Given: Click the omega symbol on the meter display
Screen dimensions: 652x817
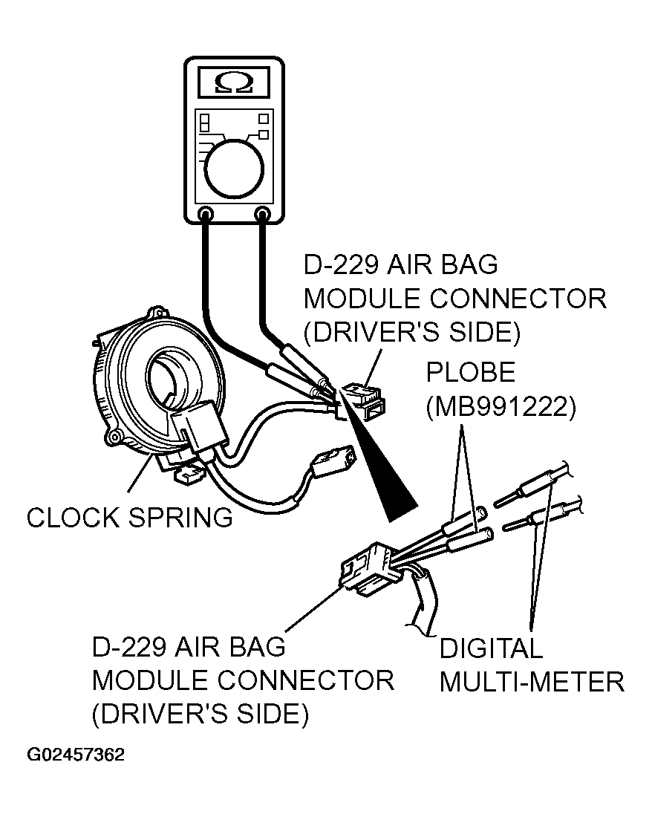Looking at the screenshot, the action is point(235,82).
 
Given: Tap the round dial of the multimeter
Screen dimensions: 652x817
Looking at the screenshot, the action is point(234,169).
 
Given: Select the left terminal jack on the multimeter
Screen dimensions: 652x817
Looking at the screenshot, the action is point(206,214).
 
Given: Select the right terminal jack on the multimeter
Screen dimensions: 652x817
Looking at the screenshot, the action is point(262,214).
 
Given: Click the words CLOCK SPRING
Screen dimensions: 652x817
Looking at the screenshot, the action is point(130,518).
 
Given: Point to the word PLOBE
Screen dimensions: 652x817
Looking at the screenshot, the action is point(471,373).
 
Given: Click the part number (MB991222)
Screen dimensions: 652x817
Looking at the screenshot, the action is point(501,406).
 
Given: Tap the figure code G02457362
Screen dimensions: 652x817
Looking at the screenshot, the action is point(76,755).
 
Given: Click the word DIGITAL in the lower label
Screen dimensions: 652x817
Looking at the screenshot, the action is point(491,648).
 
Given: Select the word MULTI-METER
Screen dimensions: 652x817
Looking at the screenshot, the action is point(532,682).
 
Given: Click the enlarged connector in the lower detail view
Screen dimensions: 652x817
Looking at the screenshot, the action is point(371,570).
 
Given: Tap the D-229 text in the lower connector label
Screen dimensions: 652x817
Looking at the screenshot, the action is point(128,647).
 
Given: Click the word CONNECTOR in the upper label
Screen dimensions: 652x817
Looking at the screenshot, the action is point(518,299).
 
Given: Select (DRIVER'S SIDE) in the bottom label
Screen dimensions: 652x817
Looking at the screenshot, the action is point(201,714).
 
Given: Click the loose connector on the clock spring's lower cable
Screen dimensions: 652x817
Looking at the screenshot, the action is point(332,460).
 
